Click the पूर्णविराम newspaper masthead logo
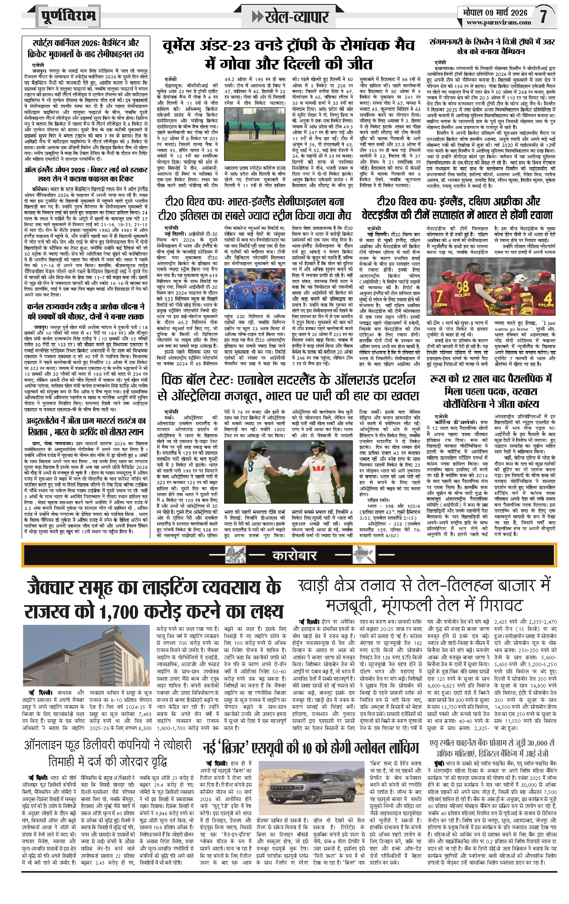click(x=69, y=16)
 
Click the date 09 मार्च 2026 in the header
click(x=507, y=12)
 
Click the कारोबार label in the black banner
click(x=294, y=555)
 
